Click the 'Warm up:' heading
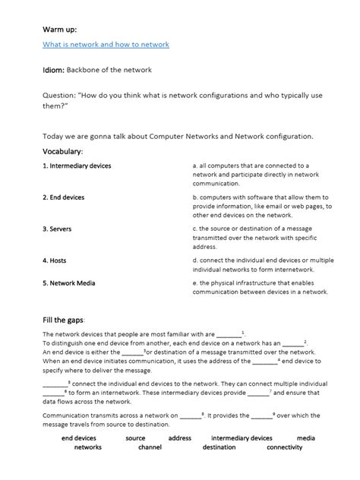58,28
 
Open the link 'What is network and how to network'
106,45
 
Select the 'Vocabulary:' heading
63,152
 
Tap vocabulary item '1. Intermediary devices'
77,165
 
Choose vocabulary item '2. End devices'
64,197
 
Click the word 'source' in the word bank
135,438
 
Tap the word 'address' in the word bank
179,438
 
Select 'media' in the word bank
305,438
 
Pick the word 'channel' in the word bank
150,447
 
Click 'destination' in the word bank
219,447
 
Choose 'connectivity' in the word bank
285,447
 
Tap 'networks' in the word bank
87,447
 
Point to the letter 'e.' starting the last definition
195,281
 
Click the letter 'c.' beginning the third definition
195,228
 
